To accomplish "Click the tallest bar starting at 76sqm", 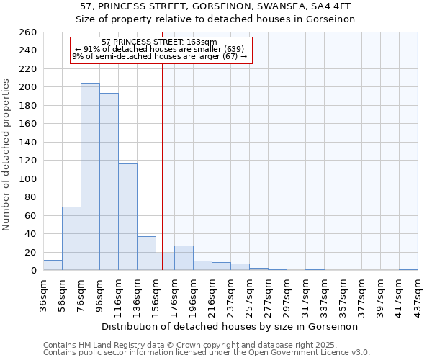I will pos(90,176).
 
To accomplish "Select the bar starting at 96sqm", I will pos(109,181).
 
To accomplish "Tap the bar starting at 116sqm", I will pos(127,217).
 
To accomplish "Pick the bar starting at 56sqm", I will pos(71,238).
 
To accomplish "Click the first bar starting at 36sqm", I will pos(53,265).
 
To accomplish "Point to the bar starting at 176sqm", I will pos(184,258).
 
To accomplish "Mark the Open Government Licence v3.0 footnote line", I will pos(207,353).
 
